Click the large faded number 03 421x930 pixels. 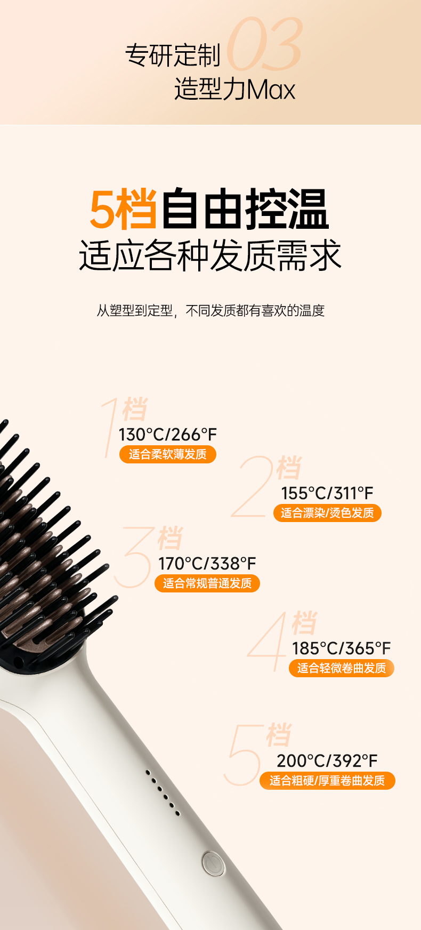point(265,44)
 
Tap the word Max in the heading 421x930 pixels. point(271,90)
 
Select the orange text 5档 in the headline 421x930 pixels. point(124,210)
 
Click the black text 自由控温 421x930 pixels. point(245,210)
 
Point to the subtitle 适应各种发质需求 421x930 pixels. point(210,255)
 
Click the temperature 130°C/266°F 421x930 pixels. point(168,435)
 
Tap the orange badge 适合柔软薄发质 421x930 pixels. point(168,454)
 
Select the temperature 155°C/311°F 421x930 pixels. point(327,493)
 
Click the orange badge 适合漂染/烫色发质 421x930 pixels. point(327,513)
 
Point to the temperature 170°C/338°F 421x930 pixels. point(207,564)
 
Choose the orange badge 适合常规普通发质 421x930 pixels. point(207,583)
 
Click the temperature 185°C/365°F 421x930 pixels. point(342,648)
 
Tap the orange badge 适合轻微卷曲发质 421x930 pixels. point(342,668)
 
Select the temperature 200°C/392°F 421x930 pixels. point(327,761)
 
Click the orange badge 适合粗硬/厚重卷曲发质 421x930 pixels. point(327,781)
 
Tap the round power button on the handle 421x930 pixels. point(213,863)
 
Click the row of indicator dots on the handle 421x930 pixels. point(163,793)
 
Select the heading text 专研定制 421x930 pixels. point(173,55)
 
